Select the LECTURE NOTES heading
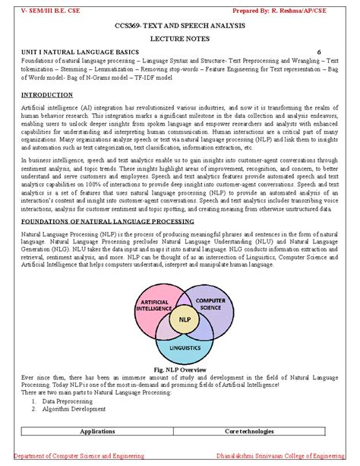pyautogui.click(x=180, y=43)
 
